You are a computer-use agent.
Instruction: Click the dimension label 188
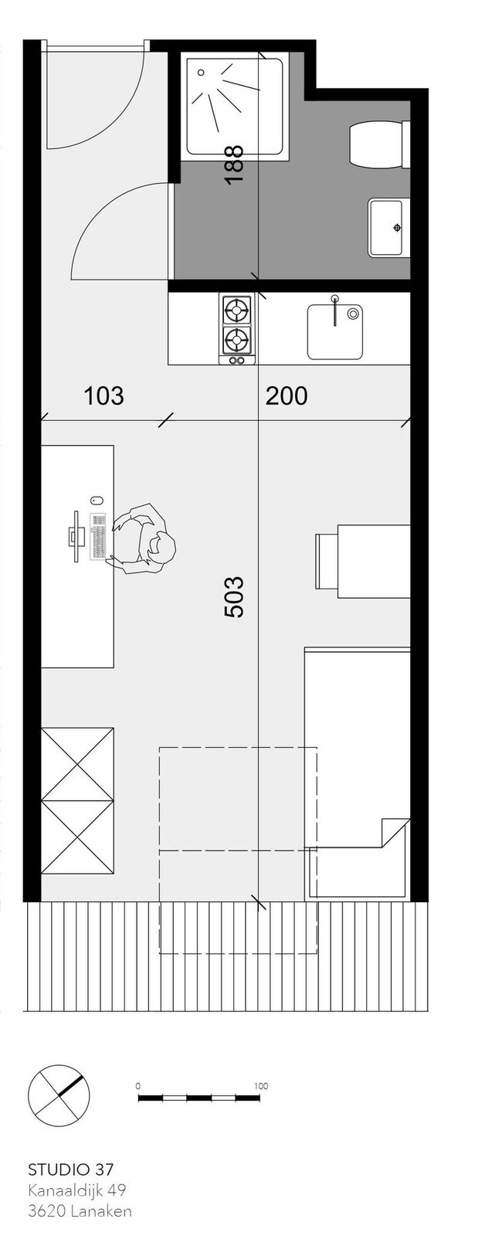tap(235, 165)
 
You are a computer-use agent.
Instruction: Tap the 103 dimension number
tap(103, 396)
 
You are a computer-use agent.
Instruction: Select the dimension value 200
tap(287, 396)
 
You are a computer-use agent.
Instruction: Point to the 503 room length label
tap(235, 597)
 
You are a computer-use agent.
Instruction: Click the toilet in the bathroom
tap(380, 144)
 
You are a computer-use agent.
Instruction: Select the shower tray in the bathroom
tap(236, 107)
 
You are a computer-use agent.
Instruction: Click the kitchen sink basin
tap(335, 331)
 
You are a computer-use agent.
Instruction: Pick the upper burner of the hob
tap(236, 311)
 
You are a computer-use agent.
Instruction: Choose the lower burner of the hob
tap(236, 339)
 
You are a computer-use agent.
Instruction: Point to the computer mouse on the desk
tap(96, 499)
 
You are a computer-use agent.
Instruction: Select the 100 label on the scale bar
tap(261, 1086)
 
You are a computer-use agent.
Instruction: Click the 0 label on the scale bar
tap(138, 1086)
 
